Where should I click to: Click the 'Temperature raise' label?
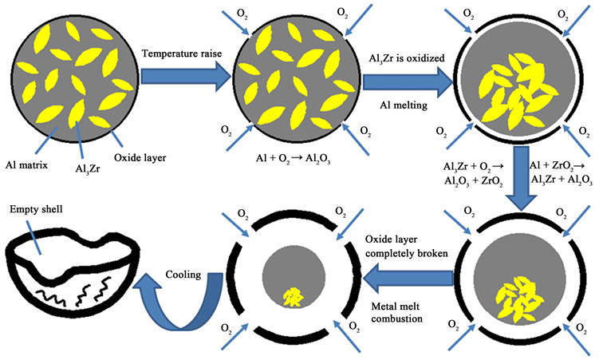click(181, 53)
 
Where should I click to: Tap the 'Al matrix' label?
click(30, 167)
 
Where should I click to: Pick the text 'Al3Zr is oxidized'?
click(407, 58)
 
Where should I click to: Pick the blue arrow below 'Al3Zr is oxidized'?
click(406, 82)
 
